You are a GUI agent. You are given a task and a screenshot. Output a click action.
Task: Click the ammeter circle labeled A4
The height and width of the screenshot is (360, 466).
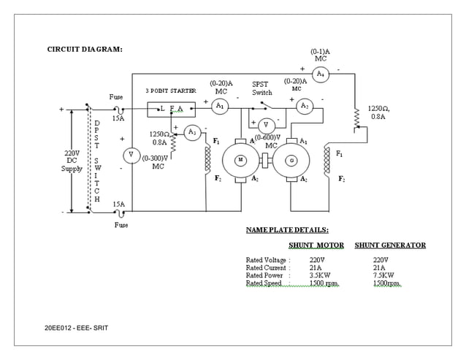tap(320, 74)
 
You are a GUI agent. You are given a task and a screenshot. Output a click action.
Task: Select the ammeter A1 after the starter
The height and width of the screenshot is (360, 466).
tap(219, 107)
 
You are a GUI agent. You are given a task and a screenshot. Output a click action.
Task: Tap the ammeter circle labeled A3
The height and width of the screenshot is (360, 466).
tap(191, 132)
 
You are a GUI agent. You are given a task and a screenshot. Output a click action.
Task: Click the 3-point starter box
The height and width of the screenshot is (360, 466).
tap(172, 110)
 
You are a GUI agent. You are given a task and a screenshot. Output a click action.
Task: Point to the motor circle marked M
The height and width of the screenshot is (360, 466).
tap(239, 160)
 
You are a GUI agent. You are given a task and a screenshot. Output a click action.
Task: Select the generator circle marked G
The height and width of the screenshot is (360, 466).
tap(291, 160)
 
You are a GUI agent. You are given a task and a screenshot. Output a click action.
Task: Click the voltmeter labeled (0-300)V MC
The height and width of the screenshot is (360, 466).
tap(131, 155)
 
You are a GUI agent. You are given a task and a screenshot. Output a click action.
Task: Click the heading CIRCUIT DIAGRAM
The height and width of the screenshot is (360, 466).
tap(85, 49)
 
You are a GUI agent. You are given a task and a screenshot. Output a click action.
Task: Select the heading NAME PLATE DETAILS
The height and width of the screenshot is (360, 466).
tap(287, 229)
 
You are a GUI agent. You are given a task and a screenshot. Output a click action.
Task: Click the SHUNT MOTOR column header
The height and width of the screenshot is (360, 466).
tap(316, 245)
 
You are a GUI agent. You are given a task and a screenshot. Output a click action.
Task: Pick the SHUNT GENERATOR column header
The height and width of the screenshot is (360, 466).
tap(390, 245)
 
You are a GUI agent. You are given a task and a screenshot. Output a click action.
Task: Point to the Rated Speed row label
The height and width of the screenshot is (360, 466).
tap(264, 283)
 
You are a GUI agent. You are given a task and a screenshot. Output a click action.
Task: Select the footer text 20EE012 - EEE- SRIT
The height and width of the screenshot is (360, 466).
tap(76, 328)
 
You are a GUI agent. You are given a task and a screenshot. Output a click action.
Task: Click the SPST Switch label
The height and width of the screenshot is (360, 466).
tap(262, 88)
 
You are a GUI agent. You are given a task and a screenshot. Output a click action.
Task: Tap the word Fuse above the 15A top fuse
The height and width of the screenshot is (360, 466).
tap(116, 96)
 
